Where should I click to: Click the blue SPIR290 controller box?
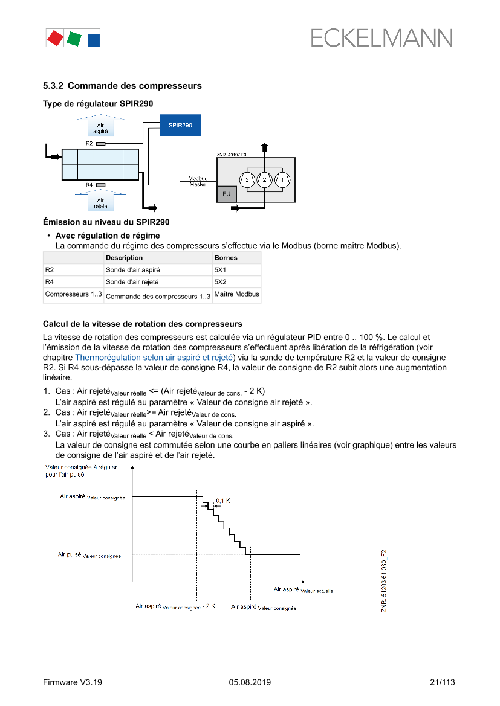click(x=180, y=125)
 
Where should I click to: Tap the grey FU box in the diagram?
click(x=226, y=194)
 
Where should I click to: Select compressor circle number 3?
click(x=247, y=179)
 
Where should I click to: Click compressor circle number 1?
click(x=282, y=179)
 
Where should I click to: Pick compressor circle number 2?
click(x=264, y=179)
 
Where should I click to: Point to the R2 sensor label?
click(x=89, y=144)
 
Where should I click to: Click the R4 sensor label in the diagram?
click(x=89, y=185)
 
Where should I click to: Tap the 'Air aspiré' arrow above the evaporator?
click(x=100, y=126)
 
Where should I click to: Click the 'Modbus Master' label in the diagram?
click(x=197, y=181)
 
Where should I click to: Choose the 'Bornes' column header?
click(x=226, y=258)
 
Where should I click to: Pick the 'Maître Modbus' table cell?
click(x=236, y=295)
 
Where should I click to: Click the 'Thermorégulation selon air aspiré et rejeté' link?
click(x=154, y=357)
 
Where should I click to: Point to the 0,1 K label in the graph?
click(x=223, y=501)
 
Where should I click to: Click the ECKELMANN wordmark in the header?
click(x=382, y=38)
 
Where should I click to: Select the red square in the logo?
click(x=55, y=38)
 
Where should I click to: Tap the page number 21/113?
click(x=442, y=682)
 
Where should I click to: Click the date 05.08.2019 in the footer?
click(x=250, y=682)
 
